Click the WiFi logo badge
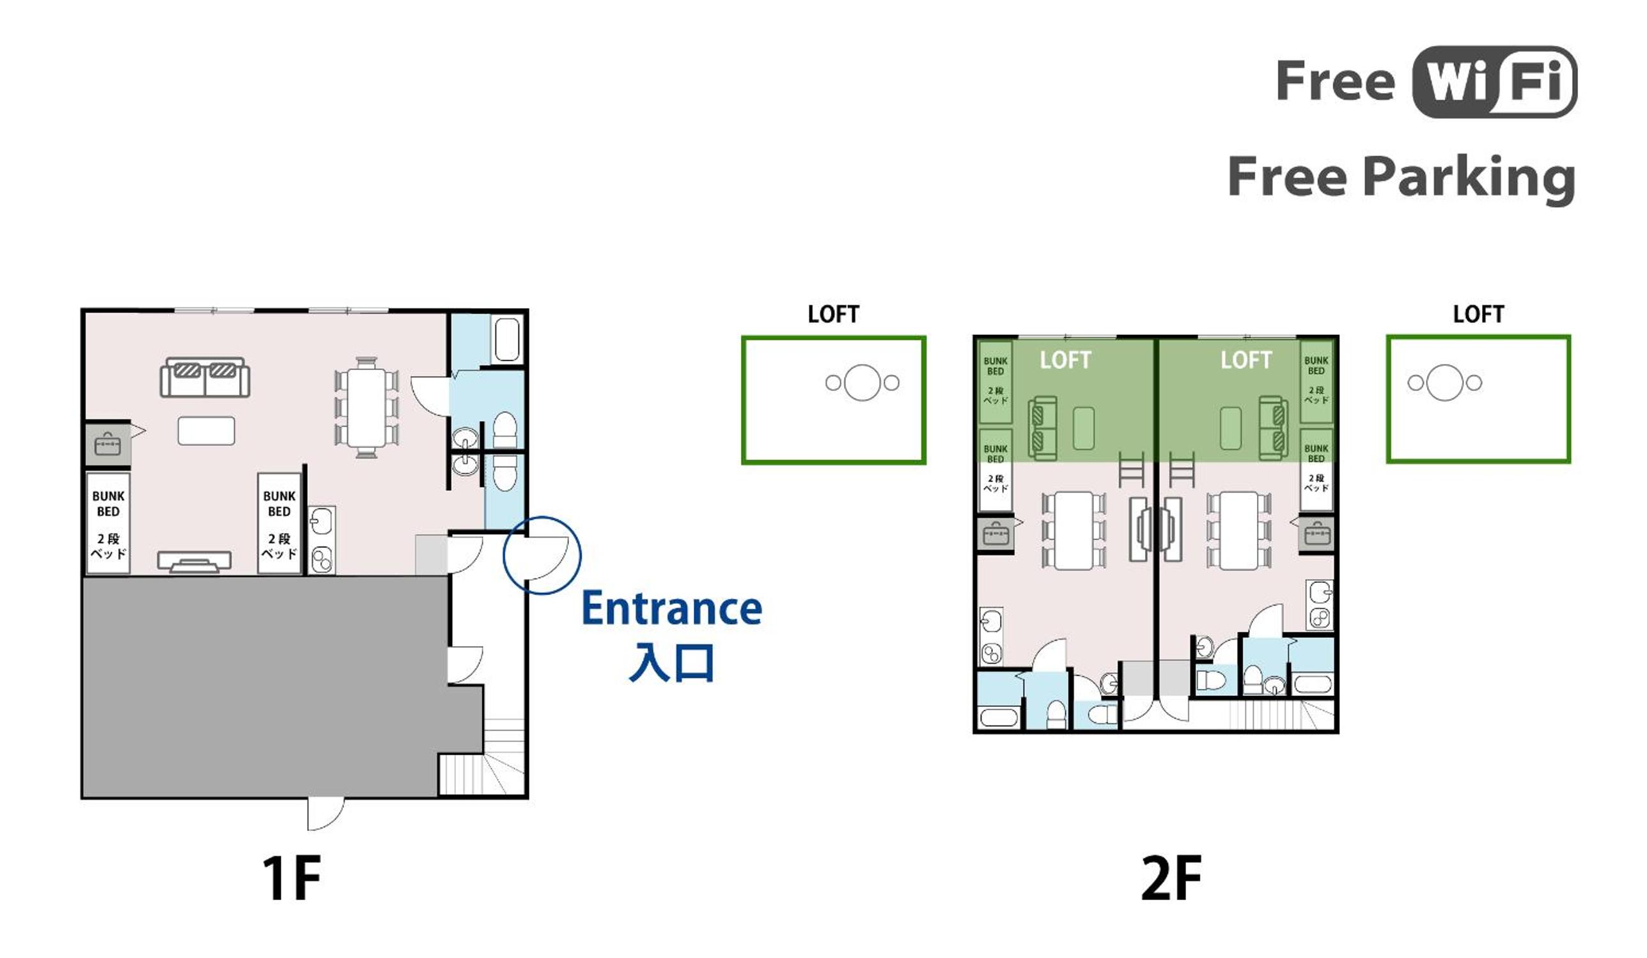1495,82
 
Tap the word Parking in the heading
1471,178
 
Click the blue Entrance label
672,608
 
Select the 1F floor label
292,877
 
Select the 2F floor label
1171,877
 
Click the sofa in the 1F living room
205,377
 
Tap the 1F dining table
366,407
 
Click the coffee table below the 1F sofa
206,431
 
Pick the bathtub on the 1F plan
506,339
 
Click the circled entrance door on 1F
542,555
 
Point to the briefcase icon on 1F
107,445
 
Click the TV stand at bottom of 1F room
194,562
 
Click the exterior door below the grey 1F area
325,814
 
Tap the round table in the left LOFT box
862,382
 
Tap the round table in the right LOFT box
1444,383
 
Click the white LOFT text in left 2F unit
1065,360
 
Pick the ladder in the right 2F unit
1182,469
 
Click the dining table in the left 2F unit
1074,530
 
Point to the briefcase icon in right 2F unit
1317,534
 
